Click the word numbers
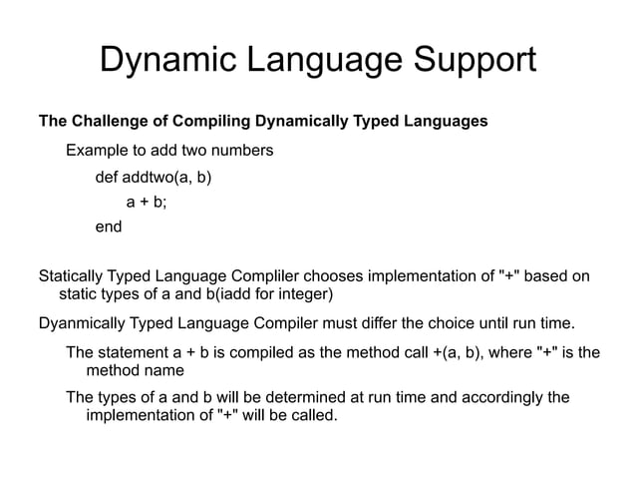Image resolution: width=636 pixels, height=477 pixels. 240,152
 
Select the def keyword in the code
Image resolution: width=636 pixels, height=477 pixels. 106,179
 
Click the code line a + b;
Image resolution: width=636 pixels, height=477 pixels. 147,203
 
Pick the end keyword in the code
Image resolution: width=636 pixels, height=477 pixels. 108,227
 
